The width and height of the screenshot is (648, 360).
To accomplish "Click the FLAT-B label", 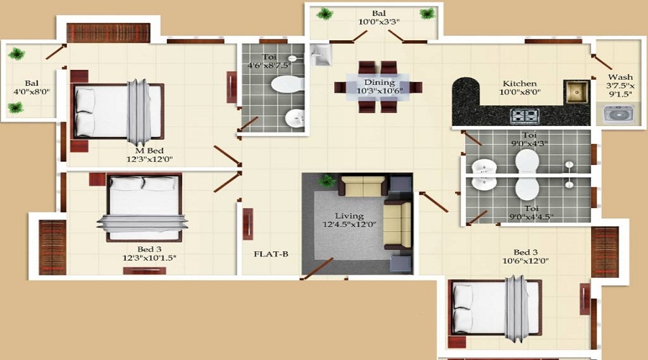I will coord(271,253).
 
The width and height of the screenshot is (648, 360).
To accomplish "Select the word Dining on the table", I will coord(379,83).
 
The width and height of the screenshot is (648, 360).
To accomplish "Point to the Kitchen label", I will coord(519,84).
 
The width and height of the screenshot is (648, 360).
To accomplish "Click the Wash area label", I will coord(620,77).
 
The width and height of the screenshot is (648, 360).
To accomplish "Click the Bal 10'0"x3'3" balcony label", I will coord(377,14).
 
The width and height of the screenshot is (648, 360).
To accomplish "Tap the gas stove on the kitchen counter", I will coord(524,115).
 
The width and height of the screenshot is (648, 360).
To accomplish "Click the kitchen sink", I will coord(575,92).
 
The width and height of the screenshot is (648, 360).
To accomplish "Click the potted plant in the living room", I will coord(328,181).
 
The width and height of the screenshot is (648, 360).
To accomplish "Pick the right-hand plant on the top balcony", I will coord(427,13).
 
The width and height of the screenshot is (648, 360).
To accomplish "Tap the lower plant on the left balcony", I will coord(15,108).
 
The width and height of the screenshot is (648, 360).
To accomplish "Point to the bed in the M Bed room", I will coord(118,112).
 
